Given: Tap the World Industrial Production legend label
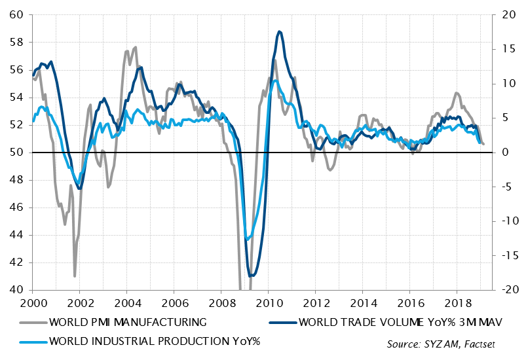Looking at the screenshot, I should point(155,340).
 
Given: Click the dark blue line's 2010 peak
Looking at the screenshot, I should point(280,31).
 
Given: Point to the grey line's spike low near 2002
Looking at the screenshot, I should point(75,276).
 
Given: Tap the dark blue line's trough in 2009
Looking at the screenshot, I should point(252,276).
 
